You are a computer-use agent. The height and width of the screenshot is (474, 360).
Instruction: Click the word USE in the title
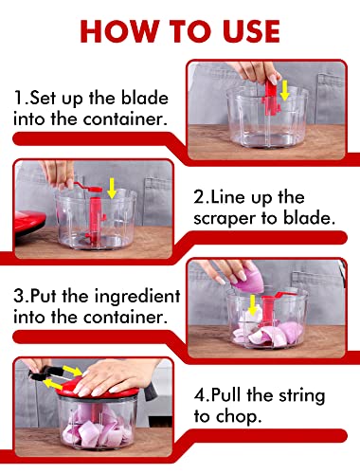pos(251,31)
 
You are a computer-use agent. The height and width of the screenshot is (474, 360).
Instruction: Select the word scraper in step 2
pos(225,219)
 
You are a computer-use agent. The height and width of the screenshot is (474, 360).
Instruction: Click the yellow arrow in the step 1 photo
pos(285,90)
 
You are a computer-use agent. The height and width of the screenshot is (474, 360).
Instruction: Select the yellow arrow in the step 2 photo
pos(112,189)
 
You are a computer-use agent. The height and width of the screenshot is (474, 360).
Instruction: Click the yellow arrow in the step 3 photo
pos(252,305)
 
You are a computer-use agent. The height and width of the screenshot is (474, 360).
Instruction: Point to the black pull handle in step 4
pos(40,374)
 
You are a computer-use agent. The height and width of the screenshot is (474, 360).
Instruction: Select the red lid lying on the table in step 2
pos(29,222)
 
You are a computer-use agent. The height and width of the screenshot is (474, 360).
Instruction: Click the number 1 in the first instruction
pos(18,98)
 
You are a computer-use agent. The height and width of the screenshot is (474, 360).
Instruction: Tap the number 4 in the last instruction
pos(200,396)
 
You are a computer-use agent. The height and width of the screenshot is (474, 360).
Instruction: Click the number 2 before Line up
pos(199,197)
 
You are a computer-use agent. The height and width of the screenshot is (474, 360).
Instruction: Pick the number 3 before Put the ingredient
pos(20,297)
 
